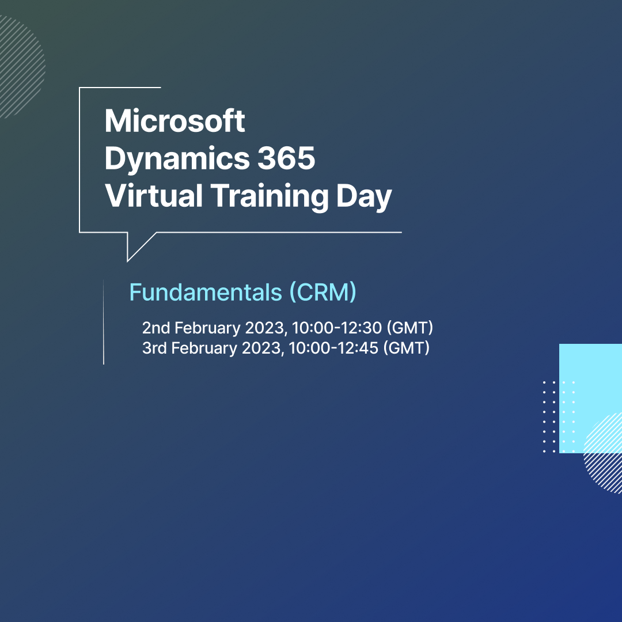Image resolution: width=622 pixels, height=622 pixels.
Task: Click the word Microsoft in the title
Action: [x=175, y=120]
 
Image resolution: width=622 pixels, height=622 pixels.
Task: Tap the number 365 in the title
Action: [x=286, y=158]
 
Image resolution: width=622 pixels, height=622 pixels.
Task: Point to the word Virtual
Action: [x=154, y=195]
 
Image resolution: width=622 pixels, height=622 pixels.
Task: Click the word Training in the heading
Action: [x=270, y=196]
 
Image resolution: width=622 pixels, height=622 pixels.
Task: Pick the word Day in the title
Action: [x=364, y=197]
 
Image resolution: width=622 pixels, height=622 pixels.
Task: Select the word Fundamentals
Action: [x=206, y=293]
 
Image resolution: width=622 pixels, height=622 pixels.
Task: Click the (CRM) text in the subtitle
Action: [x=323, y=293]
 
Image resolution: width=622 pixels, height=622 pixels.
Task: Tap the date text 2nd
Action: [x=156, y=328]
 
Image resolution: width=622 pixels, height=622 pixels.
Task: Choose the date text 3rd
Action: [x=154, y=348]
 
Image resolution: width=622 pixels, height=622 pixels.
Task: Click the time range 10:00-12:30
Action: [x=337, y=328]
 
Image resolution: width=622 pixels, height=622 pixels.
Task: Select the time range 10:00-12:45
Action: [x=333, y=348]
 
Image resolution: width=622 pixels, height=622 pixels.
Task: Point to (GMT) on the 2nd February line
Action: [x=410, y=328]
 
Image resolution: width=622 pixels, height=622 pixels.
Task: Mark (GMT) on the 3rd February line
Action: [x=407, y=348]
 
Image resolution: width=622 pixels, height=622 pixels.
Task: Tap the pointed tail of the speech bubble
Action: [x=128, y=261]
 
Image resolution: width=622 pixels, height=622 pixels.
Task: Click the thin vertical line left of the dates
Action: [x=104, y=322]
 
